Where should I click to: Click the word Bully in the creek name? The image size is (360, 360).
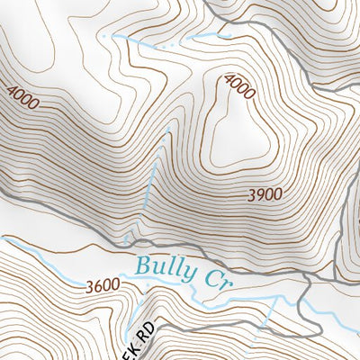pyautogui.click(x=166, y=269)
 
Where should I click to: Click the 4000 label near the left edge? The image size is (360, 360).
pyautogui.click(x=22, y=97)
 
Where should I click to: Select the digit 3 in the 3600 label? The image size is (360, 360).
pyautogui.click(x=91, y=286)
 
